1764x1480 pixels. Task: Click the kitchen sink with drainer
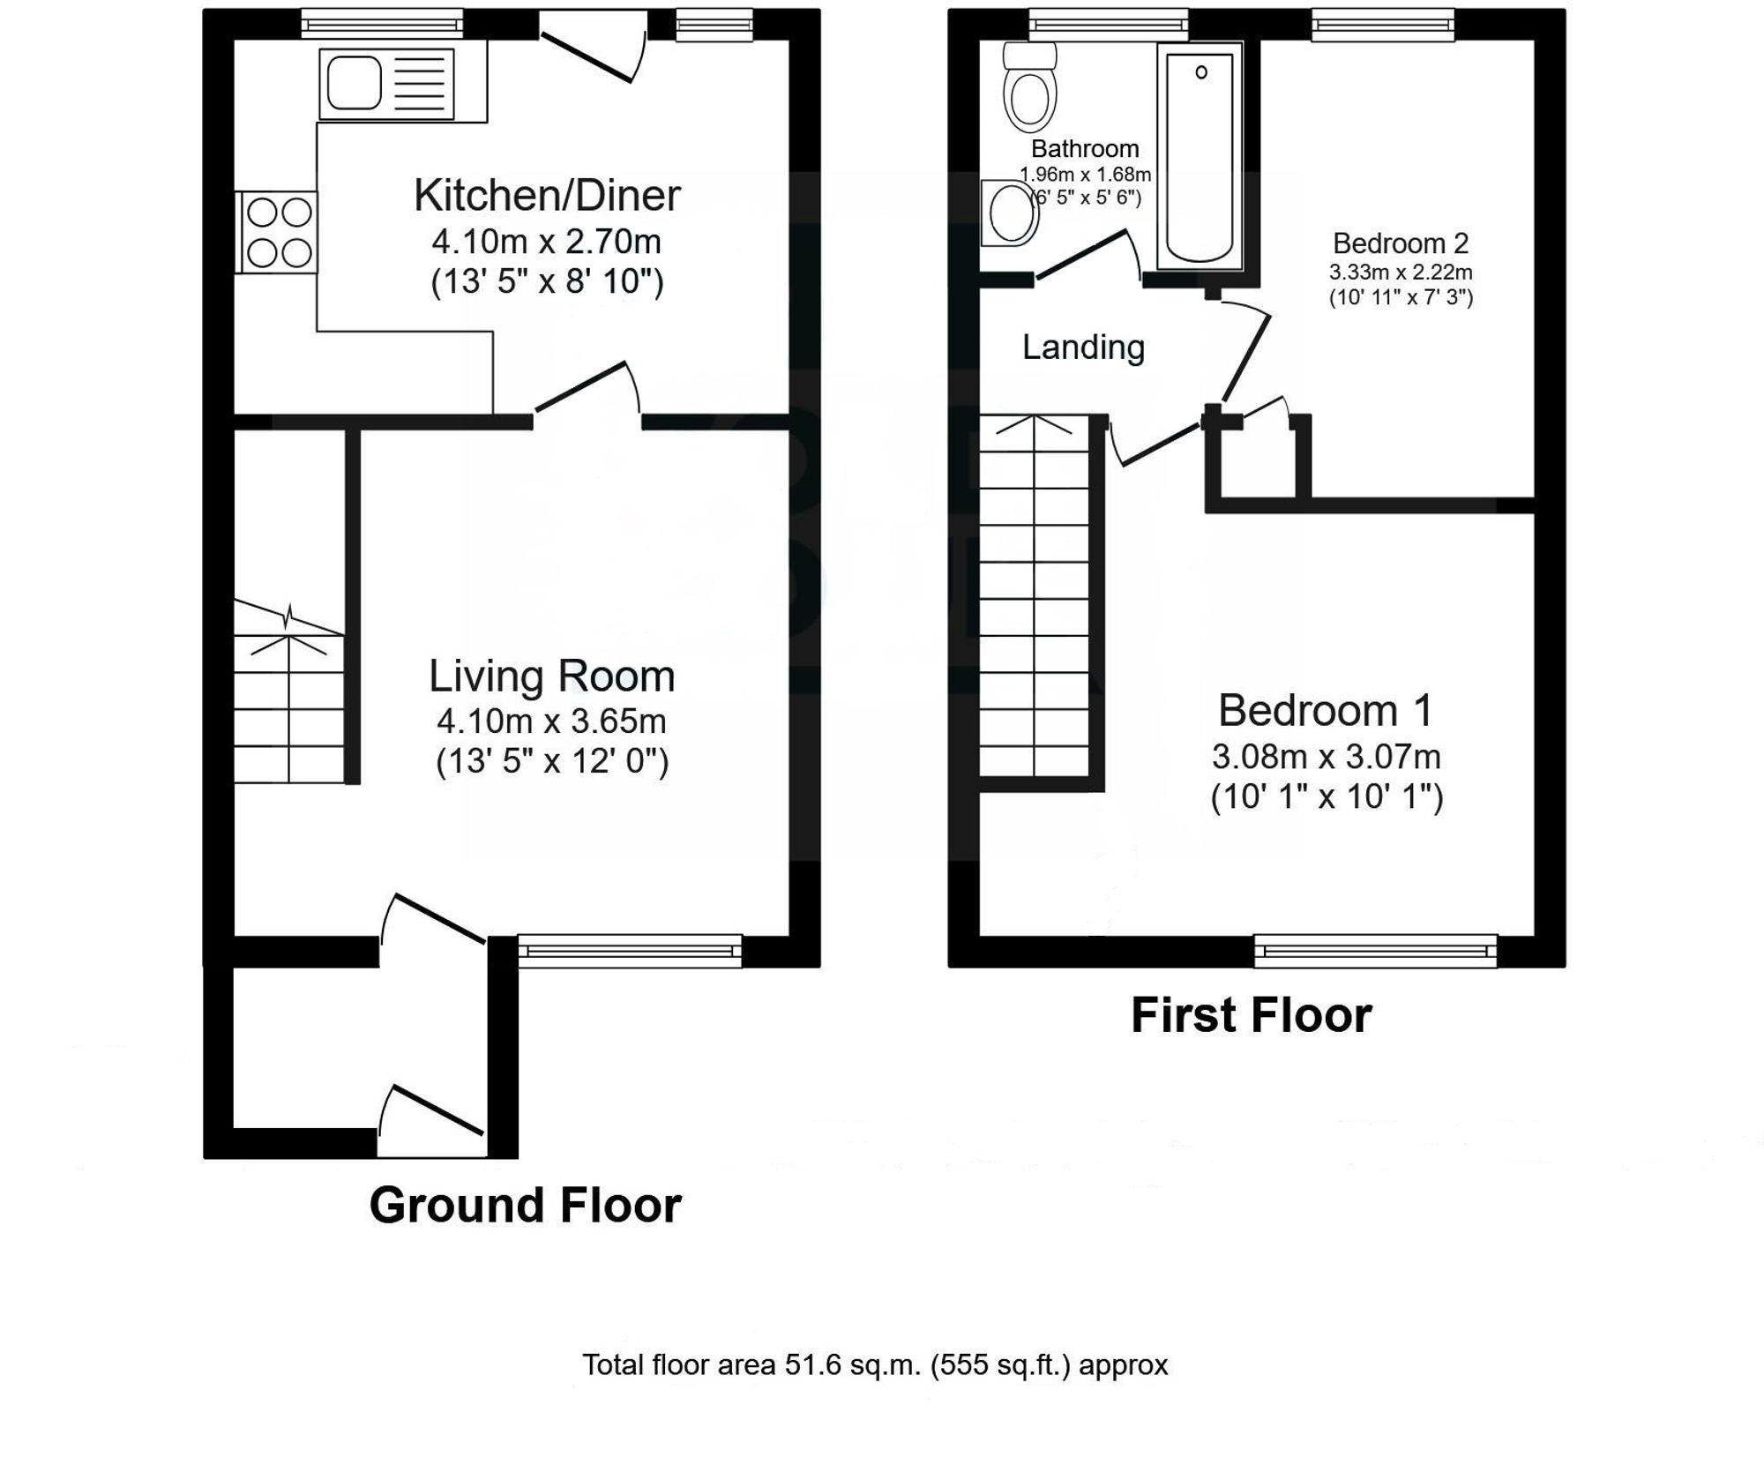coord(386,84)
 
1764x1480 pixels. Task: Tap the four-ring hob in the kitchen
coord(277,233)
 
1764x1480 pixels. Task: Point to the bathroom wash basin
coord(1011,213)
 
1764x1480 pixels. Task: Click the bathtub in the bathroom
coord(1200,157)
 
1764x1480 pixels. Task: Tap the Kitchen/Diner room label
coord(547,195)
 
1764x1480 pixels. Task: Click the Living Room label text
coord(552,676)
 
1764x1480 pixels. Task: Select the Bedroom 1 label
coord(1326,710)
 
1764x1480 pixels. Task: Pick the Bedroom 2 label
coord(1401,243)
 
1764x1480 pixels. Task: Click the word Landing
coord(1083,348)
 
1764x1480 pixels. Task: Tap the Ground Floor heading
coord(525,1205)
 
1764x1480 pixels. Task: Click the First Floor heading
coord(1251,1014)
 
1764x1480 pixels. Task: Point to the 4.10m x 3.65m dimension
coord(551,721)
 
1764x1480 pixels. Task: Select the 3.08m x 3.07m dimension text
coord(1326,757)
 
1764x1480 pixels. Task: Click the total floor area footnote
coord(875,1364)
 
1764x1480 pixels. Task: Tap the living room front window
coord(630,951)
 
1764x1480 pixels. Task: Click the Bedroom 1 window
coord(1376,951)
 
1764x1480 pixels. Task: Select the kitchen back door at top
coord(593,46)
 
